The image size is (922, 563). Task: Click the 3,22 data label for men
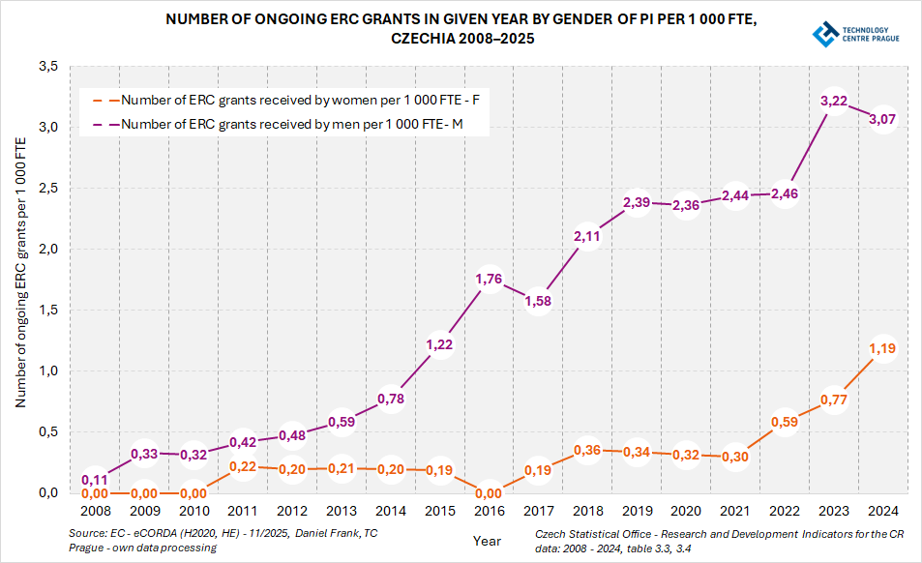834,102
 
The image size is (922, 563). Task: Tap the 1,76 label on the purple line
489,280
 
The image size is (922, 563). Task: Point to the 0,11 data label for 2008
94,480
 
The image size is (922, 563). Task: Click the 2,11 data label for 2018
587,236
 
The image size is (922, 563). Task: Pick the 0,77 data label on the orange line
834,400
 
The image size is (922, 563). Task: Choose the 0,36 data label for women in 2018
587,450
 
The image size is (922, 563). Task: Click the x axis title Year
488,541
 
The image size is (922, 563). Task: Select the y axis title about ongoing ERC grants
20,273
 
